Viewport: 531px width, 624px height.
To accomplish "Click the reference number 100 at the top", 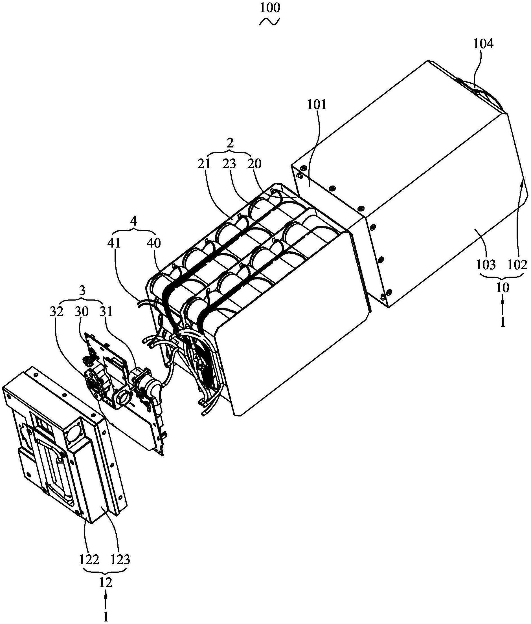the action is click(270, 8).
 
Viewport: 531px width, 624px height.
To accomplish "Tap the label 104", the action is click(483, 44).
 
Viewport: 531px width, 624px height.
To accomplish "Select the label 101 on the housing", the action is click(317, 105).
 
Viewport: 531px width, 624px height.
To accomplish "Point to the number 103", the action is click(486, 265).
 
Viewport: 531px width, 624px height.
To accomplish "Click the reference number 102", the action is click(517, 265).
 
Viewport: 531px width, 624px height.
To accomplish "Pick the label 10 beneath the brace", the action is click(503, 288).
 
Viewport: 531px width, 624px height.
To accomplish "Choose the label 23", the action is click(229, 164).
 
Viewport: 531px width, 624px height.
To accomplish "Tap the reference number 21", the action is click(204, 164).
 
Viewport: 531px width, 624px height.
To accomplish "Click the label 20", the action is click(254, 164).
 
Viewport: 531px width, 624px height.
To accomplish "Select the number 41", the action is click(114, 243).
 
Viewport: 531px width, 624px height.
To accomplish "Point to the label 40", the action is click(154, 243).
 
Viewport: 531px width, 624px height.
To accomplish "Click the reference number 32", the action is click(57, 312).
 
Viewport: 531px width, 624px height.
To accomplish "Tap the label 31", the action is click(106, 312).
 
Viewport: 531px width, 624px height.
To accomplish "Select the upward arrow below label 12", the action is click(105, 599).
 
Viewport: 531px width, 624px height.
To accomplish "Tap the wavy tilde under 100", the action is click(270, 22).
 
